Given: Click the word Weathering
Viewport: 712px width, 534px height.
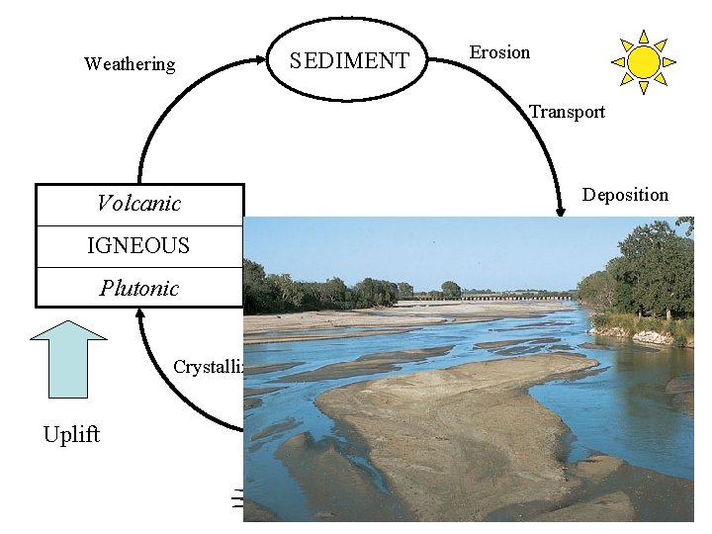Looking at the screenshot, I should tap(130, 64).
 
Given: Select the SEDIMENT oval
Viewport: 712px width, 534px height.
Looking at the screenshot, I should tap(349, 60).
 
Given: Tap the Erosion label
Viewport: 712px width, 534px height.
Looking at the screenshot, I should tap(499, 52).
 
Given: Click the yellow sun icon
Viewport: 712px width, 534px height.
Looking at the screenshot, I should tap(643, 62).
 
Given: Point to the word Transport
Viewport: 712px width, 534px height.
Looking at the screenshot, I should tap(567, 112).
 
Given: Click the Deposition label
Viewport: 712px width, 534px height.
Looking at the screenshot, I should tap(625, 195).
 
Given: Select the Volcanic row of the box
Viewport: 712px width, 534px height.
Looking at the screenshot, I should tap(139, 205).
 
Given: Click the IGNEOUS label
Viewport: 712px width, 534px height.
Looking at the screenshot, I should tap(138, 246).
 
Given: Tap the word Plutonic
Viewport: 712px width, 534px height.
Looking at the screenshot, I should tap(139, 289).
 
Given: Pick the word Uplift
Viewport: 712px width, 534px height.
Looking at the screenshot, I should tap(71, 435).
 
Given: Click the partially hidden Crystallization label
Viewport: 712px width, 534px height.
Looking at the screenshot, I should tap(209, 367).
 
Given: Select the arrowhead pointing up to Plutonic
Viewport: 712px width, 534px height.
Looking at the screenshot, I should tap(141, 314).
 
